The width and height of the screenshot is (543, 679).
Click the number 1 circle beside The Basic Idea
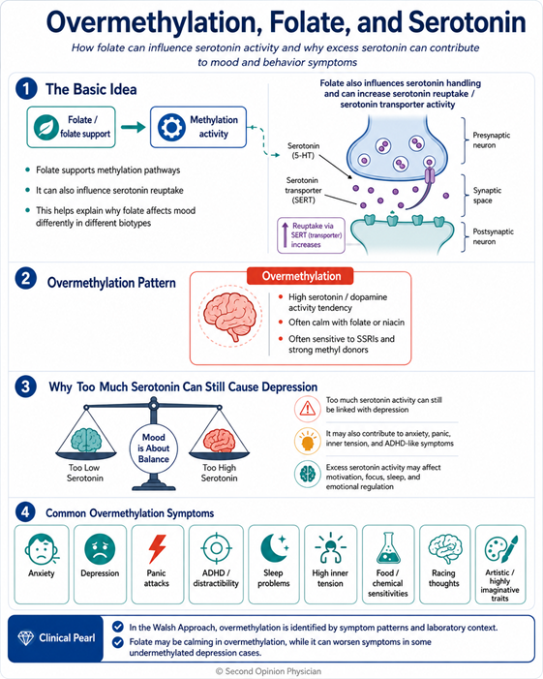pyautogui.click(x=26, y=89)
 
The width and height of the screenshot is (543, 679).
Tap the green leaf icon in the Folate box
pyautogui.click(x=46, y=127)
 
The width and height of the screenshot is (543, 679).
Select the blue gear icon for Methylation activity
pyautogui.click(x=171, y=127)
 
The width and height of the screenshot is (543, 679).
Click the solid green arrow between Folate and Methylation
pyautogui.click(x=134, y=127)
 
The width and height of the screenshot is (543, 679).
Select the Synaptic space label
pyautogui.click(x=487, y=196)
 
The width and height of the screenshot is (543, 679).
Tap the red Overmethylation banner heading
pyautogui.click(x=301, y=276)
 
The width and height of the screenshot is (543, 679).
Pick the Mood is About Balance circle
pyautogui.click(x=154, y=448)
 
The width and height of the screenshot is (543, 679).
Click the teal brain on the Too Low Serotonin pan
pyautogui.click(x=86, y=440)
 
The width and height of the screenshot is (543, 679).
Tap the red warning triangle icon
pyautogui.click(x=308, y=409)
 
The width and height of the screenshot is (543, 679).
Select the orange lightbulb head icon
pyautogui.click(x=308, y=441)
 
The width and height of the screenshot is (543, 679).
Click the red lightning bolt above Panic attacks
pyautogui.click(x=157, y=548)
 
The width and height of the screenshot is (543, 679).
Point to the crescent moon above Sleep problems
pyautogui.click(x=274, y=547)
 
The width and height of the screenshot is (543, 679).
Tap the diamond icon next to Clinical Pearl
pyautogui.click(x=25, y=638)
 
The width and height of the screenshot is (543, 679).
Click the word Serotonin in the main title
pyautogui.click(x=467, y=22)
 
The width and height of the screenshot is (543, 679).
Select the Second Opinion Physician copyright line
pyautogui.click(x=269, y=671)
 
